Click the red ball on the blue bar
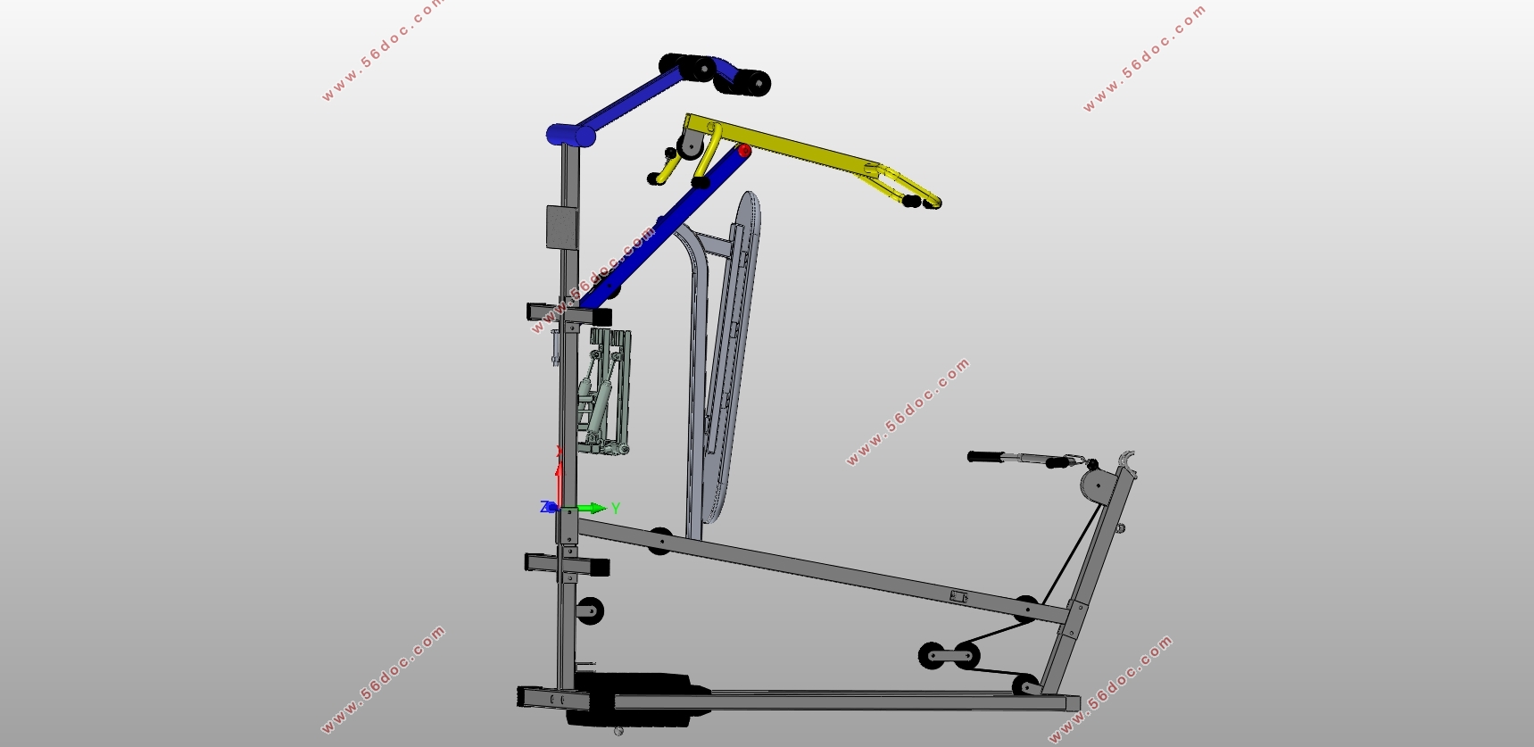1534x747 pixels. pyautogui.click(x=744, y=151)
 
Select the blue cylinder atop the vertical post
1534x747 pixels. pyautogui.click(x=571, y=135)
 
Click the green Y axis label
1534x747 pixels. pyautogui.click(x=616, y=508)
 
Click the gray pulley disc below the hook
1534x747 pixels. pyautogui.click(x=1098, y=486)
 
